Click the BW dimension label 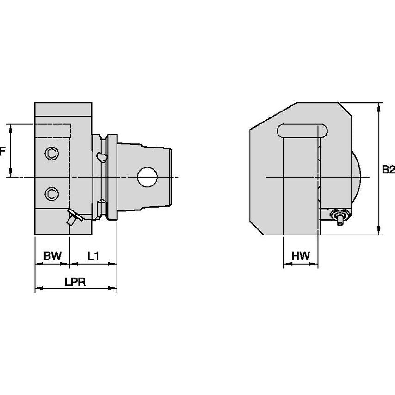(x=52, y=256)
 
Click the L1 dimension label (x=93, y=256)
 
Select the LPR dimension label (x=75, y=282)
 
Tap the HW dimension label (x=301, y=256)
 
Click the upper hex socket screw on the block (x=52, y=153)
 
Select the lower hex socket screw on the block (x=52, y=193)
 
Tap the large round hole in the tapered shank (x=148, y=177)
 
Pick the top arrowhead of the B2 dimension (x=379, y=106)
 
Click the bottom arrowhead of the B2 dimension (x=379, y=232)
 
